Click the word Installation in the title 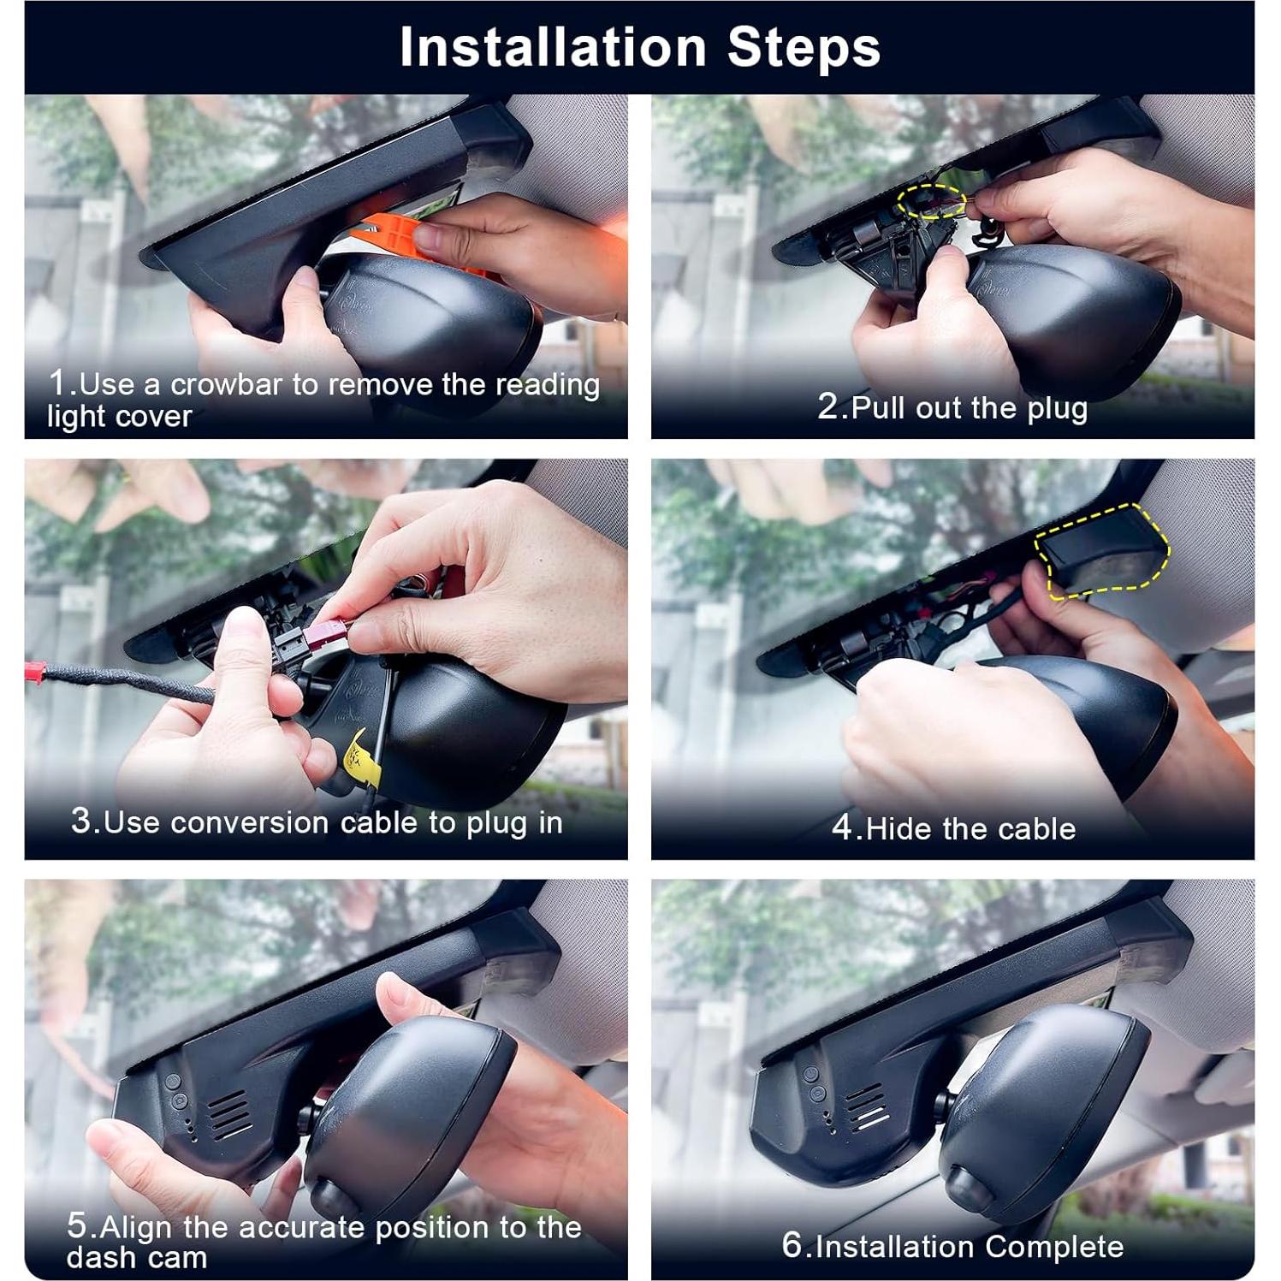click(553, 47)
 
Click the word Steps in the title click(804, 47)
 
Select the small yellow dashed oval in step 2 click(931, 203)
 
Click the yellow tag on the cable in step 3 click(362, 757)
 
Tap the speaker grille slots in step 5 click(228, 1113)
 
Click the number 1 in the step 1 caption click(57, 383)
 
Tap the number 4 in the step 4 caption click(843, 828)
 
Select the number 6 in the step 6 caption click(792, 1246)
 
